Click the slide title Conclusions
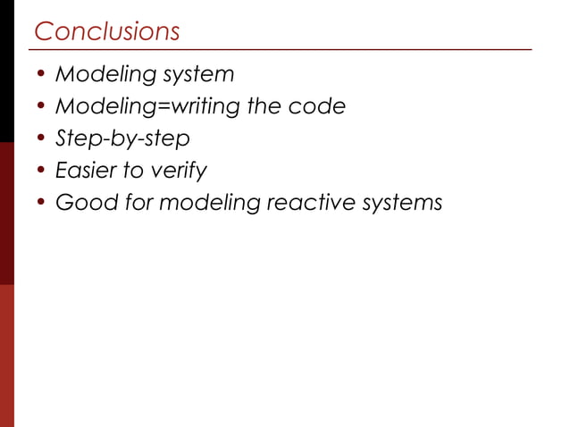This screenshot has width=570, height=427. point(106,31)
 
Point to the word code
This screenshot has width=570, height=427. point(316,107)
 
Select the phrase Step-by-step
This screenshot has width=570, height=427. point(122,140)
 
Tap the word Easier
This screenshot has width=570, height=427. point(87,172)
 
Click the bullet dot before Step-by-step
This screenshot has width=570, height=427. point(40,140)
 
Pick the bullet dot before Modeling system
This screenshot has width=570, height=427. point(40,75)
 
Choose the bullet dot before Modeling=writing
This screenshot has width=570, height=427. point(40,108)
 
